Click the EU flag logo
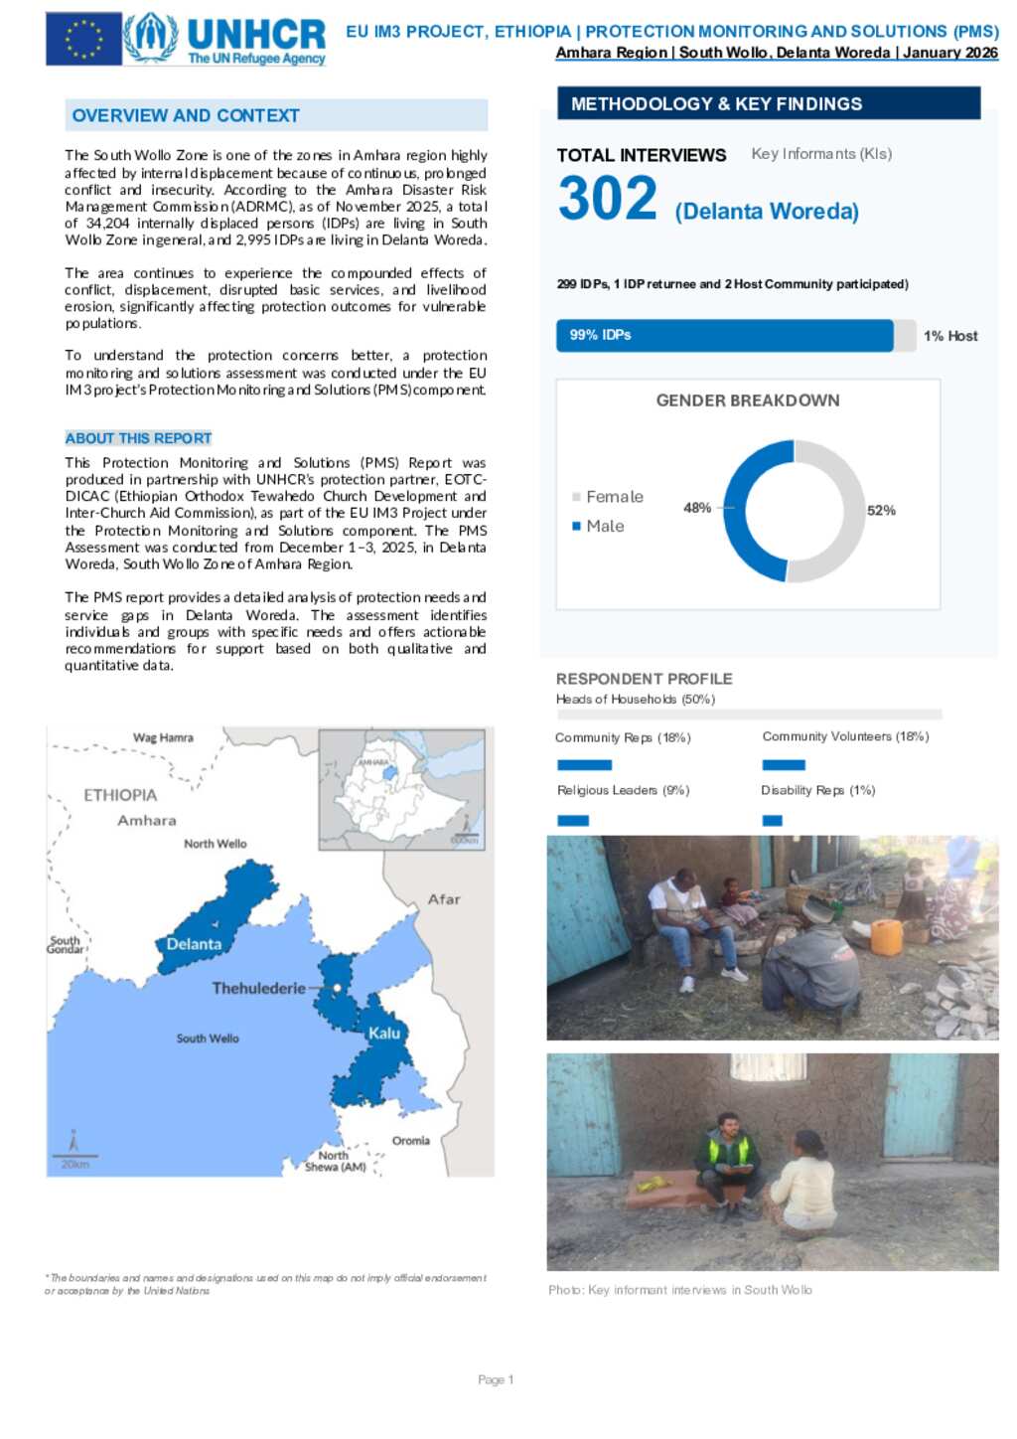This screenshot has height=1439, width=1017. click(x=83, y=40)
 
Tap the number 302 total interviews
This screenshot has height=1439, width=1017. click(x=608, y=199)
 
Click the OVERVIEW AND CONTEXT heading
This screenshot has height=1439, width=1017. click(x=186, y=116)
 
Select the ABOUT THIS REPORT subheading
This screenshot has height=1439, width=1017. click(x=138, y=438)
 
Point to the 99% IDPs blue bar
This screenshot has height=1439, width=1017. click(x=724, y=336)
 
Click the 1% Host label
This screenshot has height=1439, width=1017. click(x=950, y=336)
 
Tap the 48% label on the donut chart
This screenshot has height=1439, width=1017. click(x=697, y=508)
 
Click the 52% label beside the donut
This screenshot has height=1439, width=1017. click(x=881, y=510)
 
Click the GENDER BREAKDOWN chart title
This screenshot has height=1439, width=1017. click(x=748, y=400)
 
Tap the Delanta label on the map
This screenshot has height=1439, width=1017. click(x=194, y=944)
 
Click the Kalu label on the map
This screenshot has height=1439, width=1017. click(x=384, y=1034)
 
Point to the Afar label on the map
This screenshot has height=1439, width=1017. click(x=444, y=899)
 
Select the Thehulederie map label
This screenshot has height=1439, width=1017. click(x=258, y=989)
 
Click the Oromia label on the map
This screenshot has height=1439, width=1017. click(x=411, y=1141)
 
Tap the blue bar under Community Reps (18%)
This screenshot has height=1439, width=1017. click(x=584, y=765)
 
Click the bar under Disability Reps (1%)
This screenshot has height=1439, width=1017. click(x=772, y=821)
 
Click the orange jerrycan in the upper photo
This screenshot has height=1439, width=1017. click(x=886, y=937)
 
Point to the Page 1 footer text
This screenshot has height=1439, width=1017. click(x=496, y=1380)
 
